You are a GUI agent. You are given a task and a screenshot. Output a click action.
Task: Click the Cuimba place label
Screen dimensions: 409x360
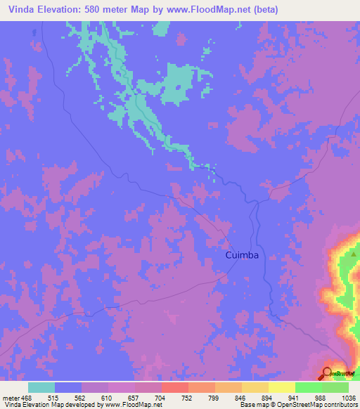(x=242, y=256)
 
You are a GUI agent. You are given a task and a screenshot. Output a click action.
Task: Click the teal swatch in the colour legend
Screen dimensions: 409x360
(x=41, y=387)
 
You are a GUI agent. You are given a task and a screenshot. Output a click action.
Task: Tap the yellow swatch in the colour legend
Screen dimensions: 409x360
(x=281, y=387)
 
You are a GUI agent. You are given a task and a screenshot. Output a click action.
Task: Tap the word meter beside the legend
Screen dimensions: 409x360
(x=11, y=397)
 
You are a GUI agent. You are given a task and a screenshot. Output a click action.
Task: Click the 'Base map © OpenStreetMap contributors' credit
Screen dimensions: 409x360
(x=298, y=405)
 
